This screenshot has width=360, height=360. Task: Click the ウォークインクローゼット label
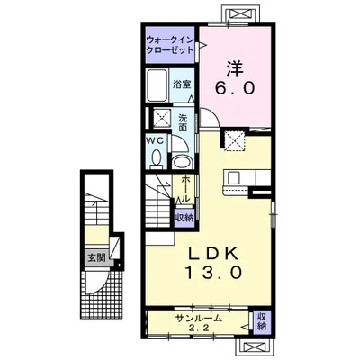coord(170,45)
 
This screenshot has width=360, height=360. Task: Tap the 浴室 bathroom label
coord(182,85)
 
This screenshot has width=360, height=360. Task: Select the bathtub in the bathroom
coord(157,85)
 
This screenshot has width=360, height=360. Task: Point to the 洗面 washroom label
coord(183,122)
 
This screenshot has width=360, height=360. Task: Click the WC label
coord(155,140)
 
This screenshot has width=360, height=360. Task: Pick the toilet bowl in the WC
coord(156,158)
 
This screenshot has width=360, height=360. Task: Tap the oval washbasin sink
coord(182,162)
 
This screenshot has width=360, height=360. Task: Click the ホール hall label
coord(185,188)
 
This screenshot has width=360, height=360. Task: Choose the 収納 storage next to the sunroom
coord(262,321)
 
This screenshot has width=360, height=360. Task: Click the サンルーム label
coord(199,318)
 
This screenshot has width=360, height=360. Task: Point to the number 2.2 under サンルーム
coord(199,328)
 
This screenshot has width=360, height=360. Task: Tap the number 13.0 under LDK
coord(213,273)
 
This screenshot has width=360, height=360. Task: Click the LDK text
coord(213,255)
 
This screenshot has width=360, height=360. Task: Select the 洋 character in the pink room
coord(235,68)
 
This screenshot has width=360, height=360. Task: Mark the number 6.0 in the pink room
coord(235,88)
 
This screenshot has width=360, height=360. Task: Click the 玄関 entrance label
coord(96,257)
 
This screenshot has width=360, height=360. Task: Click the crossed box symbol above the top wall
coord(241,13)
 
